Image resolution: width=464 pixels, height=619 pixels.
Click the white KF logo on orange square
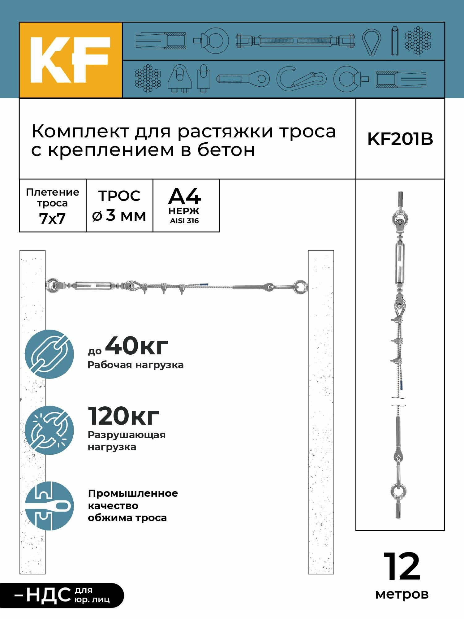(70, 60)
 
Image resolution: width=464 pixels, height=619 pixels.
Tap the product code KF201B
(400, 139)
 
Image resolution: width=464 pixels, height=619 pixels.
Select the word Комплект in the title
(80, 132)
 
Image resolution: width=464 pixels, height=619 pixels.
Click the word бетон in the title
(226, 150)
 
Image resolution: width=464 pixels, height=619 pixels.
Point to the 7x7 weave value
(52, 219)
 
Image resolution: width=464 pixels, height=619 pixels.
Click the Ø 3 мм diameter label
(119, 215)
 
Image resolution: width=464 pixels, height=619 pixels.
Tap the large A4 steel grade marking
(184, 197)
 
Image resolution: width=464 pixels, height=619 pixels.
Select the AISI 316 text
(184, 221)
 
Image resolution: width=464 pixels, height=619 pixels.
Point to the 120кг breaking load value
(123, 416)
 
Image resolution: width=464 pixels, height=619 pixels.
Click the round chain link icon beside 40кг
(49, 354)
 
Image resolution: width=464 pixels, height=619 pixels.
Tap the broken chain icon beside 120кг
(49, 430)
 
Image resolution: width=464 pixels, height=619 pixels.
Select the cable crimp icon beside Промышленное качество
(49, 506)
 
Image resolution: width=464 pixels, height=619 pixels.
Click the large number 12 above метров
(402, 566)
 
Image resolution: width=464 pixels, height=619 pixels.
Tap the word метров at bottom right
(402, 594)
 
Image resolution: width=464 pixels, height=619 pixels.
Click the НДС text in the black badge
(49, 595)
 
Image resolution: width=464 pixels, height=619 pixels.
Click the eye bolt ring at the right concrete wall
(300, 286)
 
